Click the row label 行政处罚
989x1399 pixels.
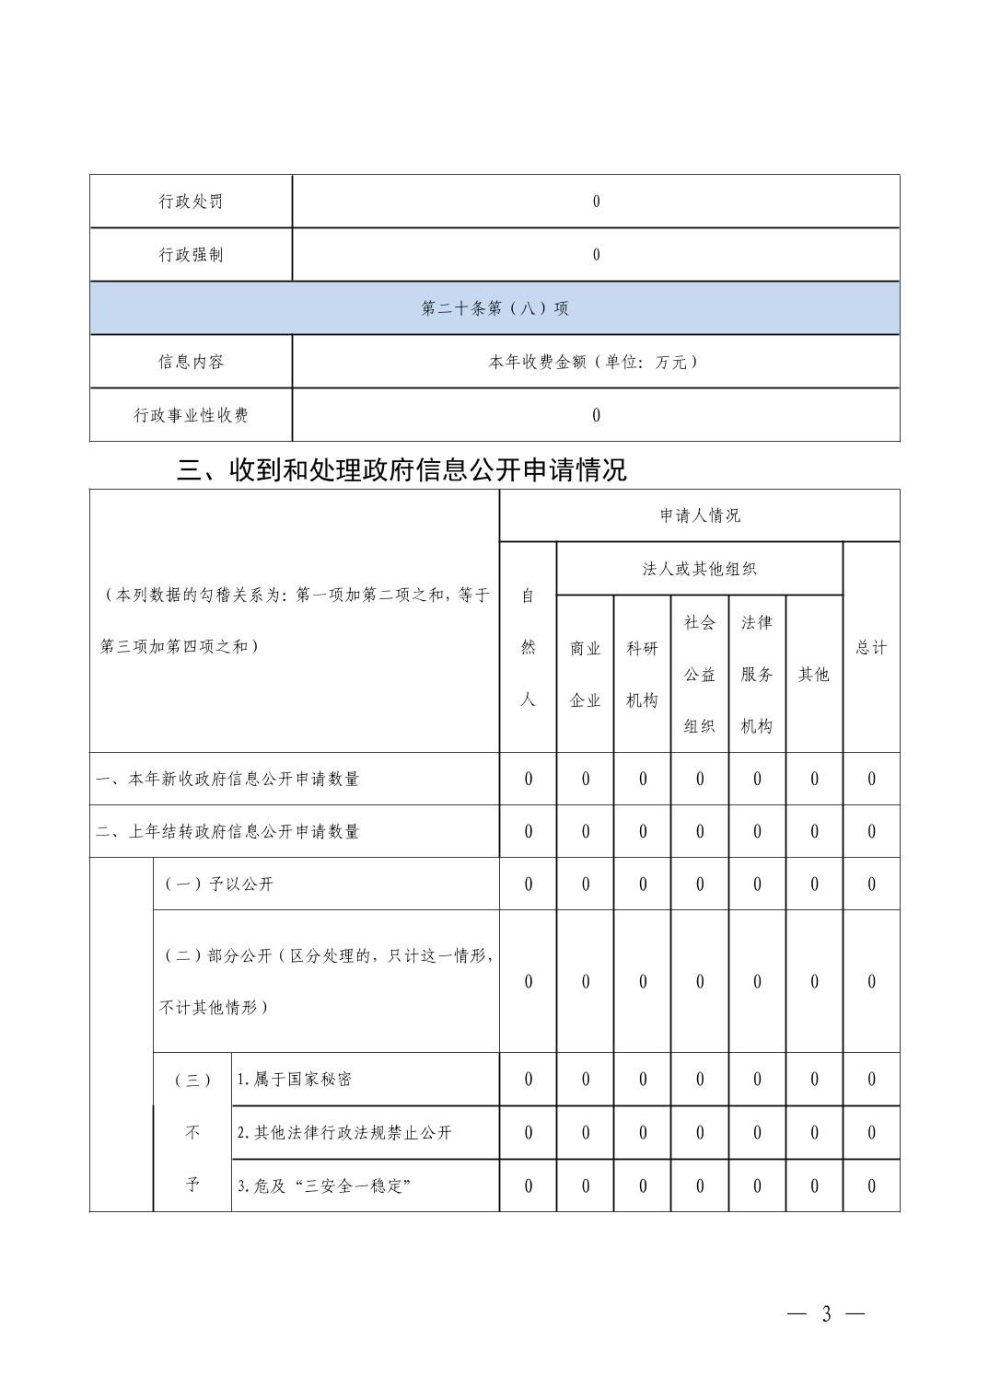tap(191, 202)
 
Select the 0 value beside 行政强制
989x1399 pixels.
tap(596, 255)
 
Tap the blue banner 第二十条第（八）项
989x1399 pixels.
tap(494, 308)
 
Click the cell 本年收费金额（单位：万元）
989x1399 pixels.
tap(595, 362)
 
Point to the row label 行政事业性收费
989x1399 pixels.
tap(191, 415)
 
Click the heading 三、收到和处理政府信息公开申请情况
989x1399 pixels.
tap(401, 470)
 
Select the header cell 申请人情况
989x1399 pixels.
tap(700, 515)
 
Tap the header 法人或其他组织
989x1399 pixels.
tap(700, 569)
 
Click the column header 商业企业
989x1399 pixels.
tap(586, 674)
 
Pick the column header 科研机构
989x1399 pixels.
tap(643, 674)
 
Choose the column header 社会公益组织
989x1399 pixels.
tap(700, 674)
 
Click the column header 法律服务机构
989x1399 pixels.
tap(757, 674)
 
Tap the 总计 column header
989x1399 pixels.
tap(871, 647)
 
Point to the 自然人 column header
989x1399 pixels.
tap(529, 647)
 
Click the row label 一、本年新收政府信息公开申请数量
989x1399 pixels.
tap(228, 779)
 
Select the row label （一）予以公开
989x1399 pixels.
tap(219, 884)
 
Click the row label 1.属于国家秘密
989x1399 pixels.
tap(294, 1080)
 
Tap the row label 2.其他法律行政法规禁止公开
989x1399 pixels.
tap(344, 1133)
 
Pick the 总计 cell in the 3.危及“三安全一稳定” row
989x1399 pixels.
tap(871, 1186)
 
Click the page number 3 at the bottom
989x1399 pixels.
tap(826, 1314)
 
